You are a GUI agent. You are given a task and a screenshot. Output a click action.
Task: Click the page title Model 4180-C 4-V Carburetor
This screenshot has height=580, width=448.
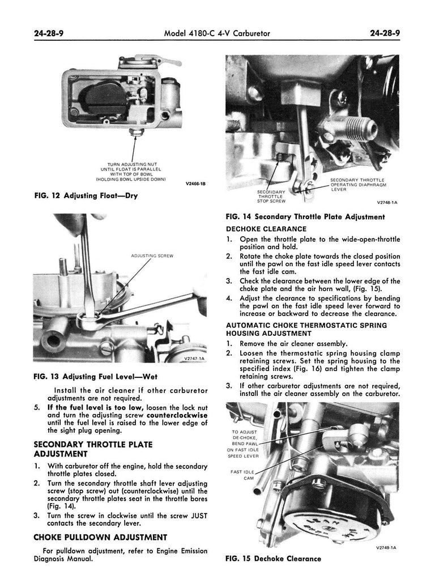[x=216, y=33]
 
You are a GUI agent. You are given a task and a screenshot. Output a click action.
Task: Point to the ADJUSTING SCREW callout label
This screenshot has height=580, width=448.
[x=152, y=256]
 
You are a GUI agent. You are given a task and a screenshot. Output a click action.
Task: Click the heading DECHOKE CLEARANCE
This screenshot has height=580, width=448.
[x=266, y=229]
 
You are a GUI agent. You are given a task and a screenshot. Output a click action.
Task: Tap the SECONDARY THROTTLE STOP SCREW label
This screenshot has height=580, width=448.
[x=271, y=196]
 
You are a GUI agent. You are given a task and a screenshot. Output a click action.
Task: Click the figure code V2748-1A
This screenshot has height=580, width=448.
[x=386, y=202]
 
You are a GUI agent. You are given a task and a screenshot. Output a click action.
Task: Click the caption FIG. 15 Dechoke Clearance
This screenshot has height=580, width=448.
[x=274, y=558]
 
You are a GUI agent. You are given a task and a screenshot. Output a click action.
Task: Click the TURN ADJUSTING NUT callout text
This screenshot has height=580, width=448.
[x=131, y=164]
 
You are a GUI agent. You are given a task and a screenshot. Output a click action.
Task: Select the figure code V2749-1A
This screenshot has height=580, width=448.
[x=386, y=547]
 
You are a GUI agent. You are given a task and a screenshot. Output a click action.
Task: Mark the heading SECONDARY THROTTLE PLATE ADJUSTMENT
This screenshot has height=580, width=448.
[x=93, y=449]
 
